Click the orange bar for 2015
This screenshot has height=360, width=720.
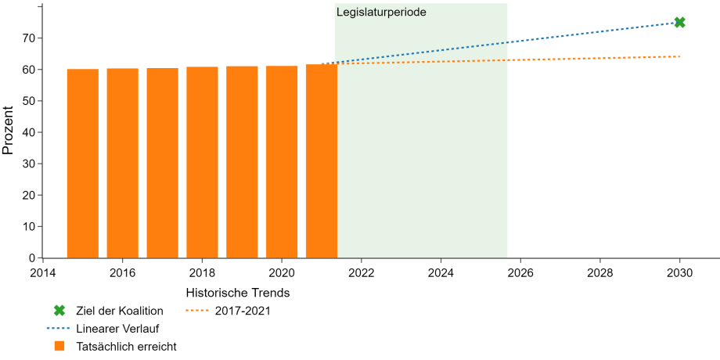pos(83,164)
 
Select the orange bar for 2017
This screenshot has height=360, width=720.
pos(163,163)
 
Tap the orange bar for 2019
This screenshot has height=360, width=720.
pos(242,162)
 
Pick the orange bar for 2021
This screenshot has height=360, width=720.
pos(322,161)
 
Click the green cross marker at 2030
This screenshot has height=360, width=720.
pos(679,22)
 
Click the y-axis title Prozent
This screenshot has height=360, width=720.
pos(8,131)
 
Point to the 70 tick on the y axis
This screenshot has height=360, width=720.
pos(30,38)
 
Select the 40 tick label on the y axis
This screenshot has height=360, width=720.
pos(30,132)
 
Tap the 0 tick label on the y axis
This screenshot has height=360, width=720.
pos(33,258)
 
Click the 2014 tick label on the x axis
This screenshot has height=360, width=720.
pos(43,273)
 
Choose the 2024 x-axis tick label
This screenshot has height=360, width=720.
pos(441,273)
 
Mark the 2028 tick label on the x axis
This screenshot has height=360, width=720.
pos(600,273)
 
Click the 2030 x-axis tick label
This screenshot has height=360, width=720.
pos(679,273)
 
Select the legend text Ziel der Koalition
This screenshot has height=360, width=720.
pos(120,311)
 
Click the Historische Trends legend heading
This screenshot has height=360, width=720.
pos(239,292)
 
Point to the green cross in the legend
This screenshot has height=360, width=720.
pos(59,311)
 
